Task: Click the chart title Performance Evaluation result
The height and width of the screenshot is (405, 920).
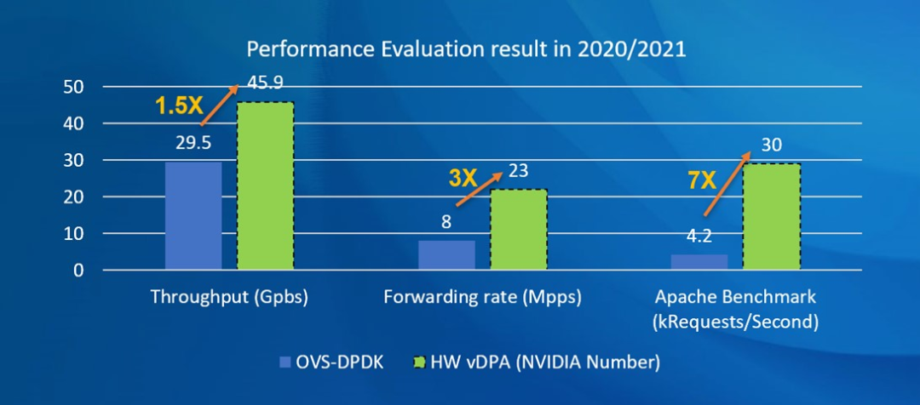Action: tap(466, 48)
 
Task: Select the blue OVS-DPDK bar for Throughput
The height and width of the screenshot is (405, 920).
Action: tap(193, 216)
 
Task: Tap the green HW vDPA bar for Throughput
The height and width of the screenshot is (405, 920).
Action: tap(265, 186)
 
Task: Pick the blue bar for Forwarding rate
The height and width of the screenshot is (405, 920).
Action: tap(446, 255)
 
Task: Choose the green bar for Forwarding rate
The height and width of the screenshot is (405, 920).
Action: tap(518, 229)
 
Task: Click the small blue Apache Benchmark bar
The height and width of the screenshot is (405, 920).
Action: tap(699, 262)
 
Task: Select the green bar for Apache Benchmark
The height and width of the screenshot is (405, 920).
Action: tap(771, 216)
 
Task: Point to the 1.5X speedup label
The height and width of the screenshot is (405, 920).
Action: tap(179, 106)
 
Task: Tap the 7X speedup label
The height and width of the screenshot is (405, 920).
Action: tap(704, 180)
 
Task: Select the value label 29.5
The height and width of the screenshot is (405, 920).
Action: tap(193, 143)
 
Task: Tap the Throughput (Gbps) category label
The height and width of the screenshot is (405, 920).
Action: tap(228, 297)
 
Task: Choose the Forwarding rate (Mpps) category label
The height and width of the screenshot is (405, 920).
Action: tap(482, 297)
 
